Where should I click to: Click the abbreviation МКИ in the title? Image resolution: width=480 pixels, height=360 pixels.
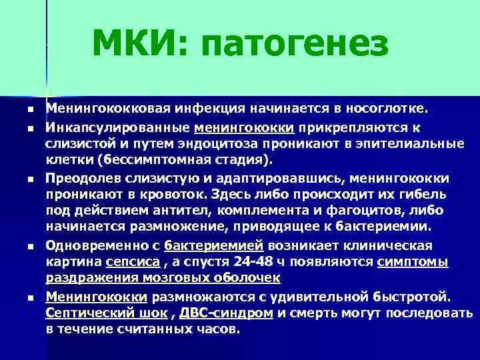136,45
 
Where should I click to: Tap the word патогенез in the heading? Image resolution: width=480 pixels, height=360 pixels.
293,45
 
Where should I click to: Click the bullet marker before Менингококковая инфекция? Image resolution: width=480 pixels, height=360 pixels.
22,109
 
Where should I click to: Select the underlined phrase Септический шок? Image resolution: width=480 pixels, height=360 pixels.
107,312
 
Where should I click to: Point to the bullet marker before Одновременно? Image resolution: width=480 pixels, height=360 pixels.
22,245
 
